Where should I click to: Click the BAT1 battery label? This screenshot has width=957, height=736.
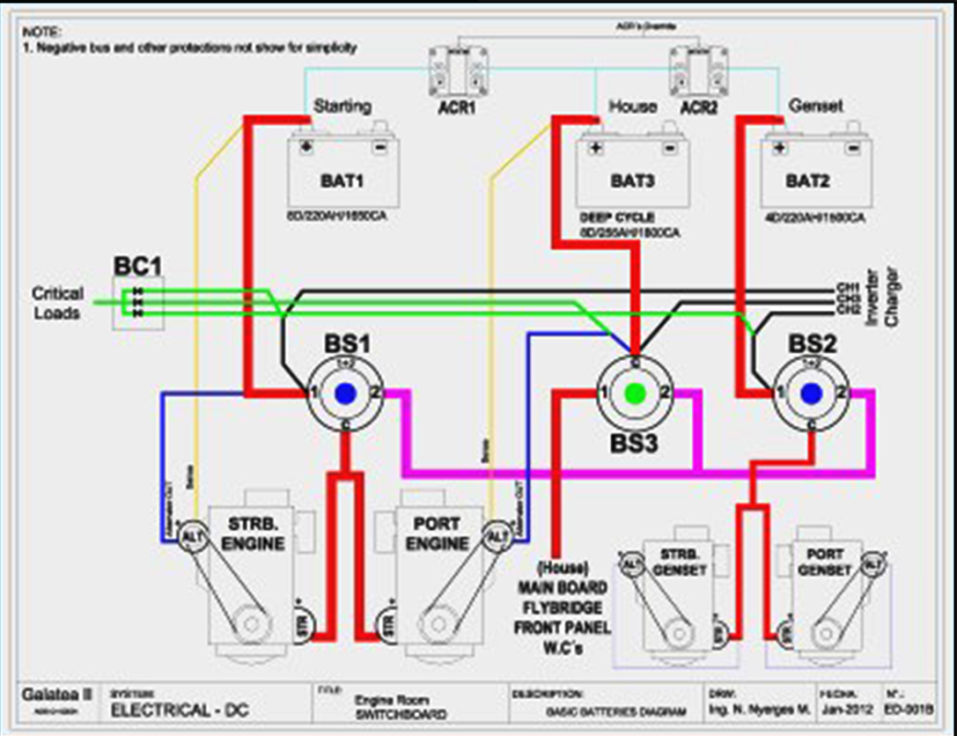(343, 181)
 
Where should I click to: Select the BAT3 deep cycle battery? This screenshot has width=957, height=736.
(632, 175)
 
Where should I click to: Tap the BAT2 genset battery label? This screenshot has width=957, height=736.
(807, 181)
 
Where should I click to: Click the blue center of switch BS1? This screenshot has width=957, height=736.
(345, 393)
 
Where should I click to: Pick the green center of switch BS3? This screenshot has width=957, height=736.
(634, 393)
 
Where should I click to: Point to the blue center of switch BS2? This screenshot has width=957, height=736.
(810, 393)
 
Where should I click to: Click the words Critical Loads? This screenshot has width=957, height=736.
(57, 303)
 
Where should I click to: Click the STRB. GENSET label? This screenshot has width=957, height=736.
(679, 562)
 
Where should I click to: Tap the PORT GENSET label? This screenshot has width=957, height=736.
(824, 562)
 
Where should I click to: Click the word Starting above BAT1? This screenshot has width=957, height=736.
(342, 106)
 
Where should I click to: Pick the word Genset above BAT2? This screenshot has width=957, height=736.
(816, 106)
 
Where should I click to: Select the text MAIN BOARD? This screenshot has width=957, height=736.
(562, 588)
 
